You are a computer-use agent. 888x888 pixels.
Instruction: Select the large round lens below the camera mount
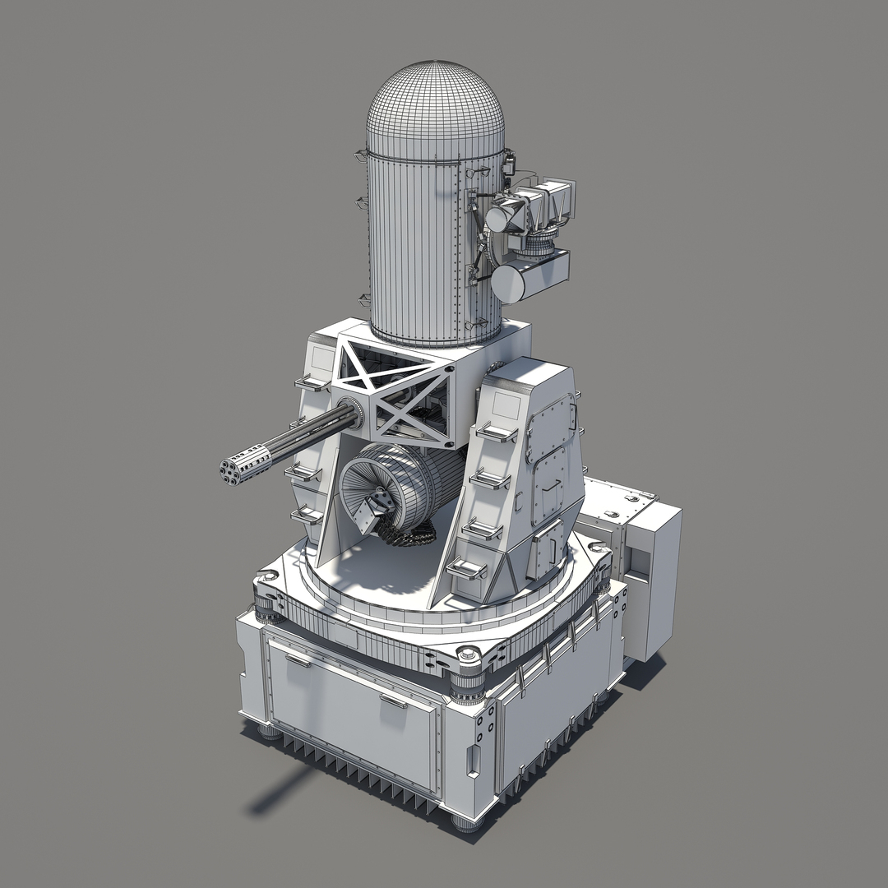pyautogui.click(x=508, y=282)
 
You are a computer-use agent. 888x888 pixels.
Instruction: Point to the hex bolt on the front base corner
pyautogui.click(x=468, y=654)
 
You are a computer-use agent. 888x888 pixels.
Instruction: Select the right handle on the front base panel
pyautogui.click(x=393, y=701)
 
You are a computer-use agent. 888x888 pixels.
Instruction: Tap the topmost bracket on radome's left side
pyautogui.click(x=360, y=155)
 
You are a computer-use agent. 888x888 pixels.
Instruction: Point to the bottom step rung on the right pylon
pyautogui.click(x=466, y=568)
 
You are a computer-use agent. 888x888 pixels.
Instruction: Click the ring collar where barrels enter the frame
pyautogui.click(x=349, y=412)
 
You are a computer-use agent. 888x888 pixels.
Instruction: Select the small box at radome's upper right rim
pyautogui.click(x=508, y=162)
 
